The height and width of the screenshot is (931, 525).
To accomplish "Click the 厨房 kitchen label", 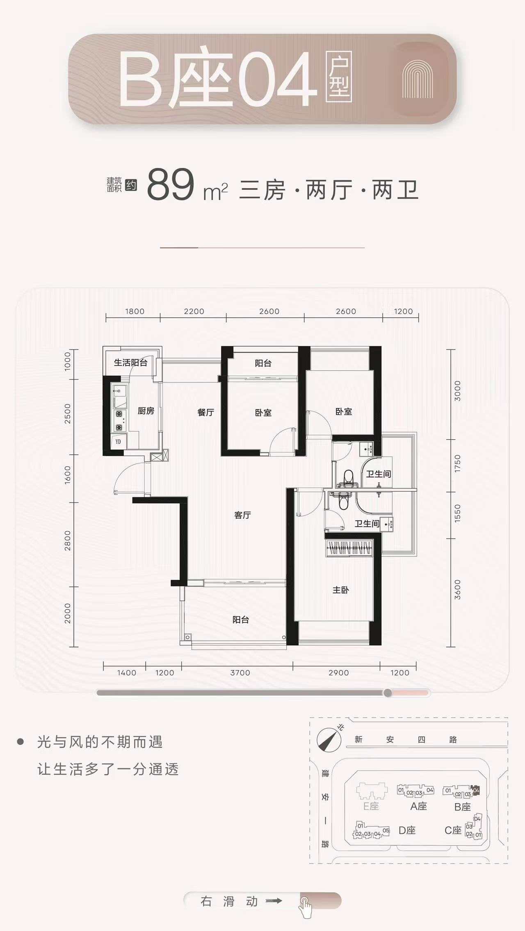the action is tap(146, 411).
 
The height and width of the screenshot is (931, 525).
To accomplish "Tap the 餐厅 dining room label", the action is tap(205, 412).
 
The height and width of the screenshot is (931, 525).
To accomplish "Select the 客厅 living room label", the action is tap(242, 515).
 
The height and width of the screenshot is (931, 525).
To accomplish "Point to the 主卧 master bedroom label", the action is tap(341, 590).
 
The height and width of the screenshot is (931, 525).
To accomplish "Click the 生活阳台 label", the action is tap(130, 363).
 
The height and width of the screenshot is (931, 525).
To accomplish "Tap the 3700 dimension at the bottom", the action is tap(240, 673).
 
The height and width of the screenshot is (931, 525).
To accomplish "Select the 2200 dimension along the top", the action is tap(194, 311).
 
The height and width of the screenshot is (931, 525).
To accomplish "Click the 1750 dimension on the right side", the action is tap(458, 463).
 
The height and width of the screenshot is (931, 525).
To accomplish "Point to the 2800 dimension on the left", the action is tap(68, 541).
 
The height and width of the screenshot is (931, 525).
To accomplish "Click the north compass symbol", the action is tap(329, 740).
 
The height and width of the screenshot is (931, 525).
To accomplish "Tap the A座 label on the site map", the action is tap(419, 806).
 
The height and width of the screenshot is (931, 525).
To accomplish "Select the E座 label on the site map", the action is tap(371, 806).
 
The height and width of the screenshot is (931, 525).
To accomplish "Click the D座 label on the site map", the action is tap(407, 831).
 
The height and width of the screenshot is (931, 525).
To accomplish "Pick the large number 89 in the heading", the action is tap(170, 185).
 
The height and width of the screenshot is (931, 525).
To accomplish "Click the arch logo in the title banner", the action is tap(418, 79).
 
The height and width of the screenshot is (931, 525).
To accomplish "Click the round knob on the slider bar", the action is tap(388, 693).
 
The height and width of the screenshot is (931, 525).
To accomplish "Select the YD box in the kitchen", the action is tap(118, 442).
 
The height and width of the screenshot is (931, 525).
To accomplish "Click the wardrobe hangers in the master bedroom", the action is tap(349, 548).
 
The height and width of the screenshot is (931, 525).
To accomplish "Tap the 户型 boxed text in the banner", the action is tap(339, 77).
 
